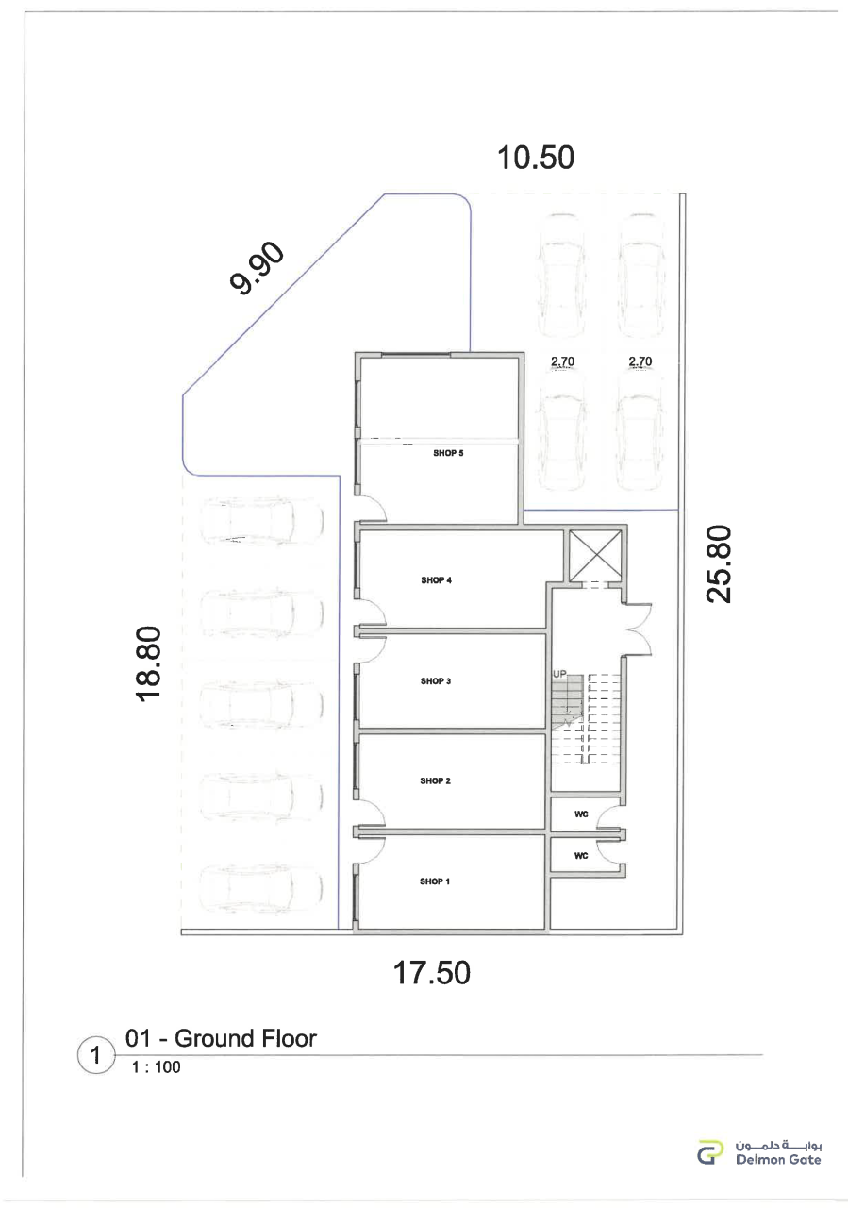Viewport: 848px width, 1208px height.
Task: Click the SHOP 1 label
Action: pyautogui.click(x=435, y=881)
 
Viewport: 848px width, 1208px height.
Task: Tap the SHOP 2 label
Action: pyautogui.click(x=435, y=780)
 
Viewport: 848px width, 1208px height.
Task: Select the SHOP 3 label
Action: pyautogui.click(x=436, y=681)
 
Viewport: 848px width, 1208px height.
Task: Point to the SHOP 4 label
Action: pyautogui.click(x=436, y=580)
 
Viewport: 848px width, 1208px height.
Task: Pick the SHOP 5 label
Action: pyautogui.click(x=448, y=453)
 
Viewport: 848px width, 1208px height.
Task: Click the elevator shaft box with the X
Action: pyautogui.click(x=595, y=556)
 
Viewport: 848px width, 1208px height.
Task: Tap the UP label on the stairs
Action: pyautogui.click(x=559, y=674)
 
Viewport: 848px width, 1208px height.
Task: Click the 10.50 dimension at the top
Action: pyautogui.click(x=536, y=158)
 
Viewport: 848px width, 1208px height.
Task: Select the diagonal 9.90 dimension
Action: pyautogui.click(x=257, y=268)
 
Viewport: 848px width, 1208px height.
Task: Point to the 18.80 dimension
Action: pyautogui.click(x=148, y=663)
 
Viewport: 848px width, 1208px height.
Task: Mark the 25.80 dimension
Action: pyautogui.click(x=719, y=564)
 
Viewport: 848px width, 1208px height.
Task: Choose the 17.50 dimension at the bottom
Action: pyautogui.click(x=431, y=973)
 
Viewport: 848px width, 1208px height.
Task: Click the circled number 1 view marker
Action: pyautogui.click(x=96, y=1055)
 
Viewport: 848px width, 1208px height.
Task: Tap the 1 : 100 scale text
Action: pyautogui.click(x=156, y=1067)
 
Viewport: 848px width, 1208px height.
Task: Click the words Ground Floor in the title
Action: pyautogui.click(x=246, y=1039)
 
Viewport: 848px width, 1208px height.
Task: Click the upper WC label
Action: pyautogui.click(x=581, y=814)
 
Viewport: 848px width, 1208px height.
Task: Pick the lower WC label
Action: pyautogui.click(x=581, y=856)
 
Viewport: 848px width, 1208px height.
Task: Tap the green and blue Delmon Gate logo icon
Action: pyautogui.click(x=710, y=1151)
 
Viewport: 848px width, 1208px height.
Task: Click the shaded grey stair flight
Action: pyautogui.click(x=566, y=698)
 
